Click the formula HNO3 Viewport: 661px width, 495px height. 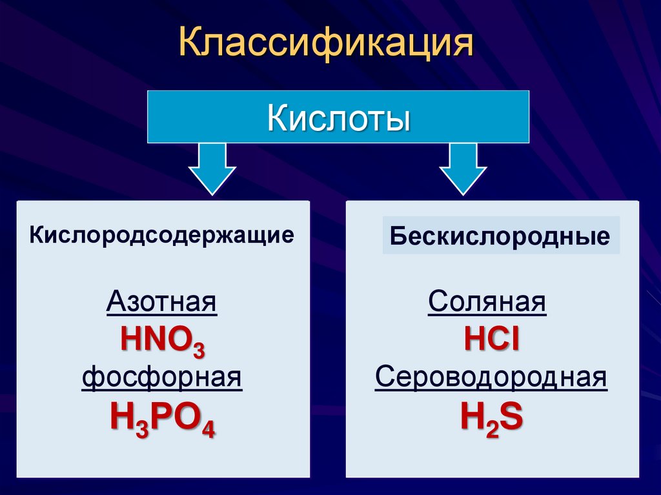point(163,340)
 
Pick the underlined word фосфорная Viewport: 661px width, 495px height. point(162,377)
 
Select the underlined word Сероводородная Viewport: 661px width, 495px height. point(491,378)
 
